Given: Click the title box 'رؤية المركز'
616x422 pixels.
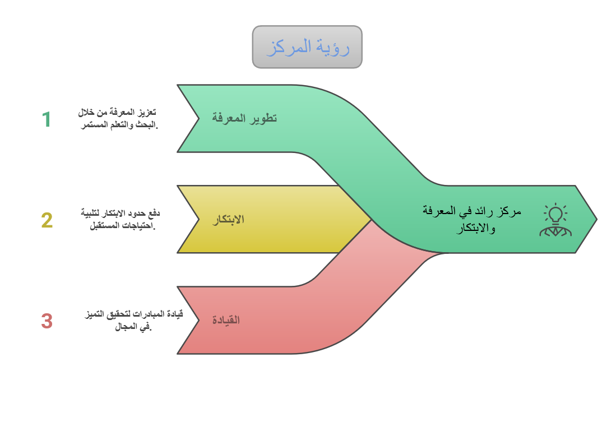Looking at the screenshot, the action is click(x=307, y=47).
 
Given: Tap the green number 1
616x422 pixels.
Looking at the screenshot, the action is click(x=47, y=119).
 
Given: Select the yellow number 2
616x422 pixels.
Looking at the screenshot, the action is click(x=47, y=220).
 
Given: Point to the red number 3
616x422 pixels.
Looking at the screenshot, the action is click(x=47, y=321).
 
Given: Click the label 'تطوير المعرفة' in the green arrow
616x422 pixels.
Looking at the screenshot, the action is click(x=244, y=118).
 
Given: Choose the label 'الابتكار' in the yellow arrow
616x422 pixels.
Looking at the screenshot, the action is click(x=228, y=219).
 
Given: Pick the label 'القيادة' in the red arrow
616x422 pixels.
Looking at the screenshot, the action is click(x=226, y=320).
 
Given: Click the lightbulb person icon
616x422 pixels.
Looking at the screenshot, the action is click(x=555, y=220).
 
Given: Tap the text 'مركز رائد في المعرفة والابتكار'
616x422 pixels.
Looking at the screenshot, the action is click(x=472, y=219).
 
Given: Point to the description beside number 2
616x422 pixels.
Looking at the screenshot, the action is click(x=121, y=220).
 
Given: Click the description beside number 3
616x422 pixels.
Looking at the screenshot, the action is click(x=133, y=320).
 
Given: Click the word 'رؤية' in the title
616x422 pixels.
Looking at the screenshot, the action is click(x=334, y=47).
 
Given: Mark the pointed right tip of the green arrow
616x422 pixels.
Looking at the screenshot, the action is click(x=597, y=219).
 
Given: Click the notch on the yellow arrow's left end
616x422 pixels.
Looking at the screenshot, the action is click(x=199, y=219).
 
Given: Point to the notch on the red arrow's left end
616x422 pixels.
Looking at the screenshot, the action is click(x=199, y=320).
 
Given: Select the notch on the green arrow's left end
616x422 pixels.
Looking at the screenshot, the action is click(x=199, y=118).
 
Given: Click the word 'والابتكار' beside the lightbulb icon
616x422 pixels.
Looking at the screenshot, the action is click(x=476, y=228).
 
